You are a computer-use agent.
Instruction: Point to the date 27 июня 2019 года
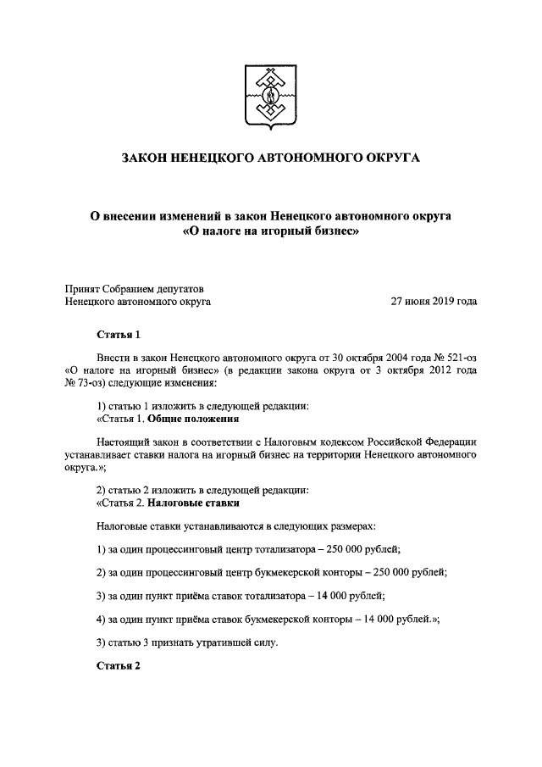[x=433, y=301]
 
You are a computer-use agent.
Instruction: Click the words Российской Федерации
[x=426, y=442]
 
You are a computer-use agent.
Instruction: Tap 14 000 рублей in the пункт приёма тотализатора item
[x=348, y=594]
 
